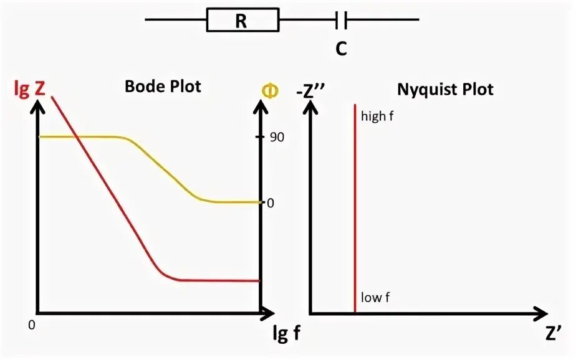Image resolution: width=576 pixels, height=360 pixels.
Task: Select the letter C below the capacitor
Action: (x=340, y=49)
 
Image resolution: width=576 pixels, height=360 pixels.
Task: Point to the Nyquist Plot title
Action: (x=445, y=89)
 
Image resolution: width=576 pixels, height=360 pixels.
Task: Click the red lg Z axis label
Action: (x=29, y=89)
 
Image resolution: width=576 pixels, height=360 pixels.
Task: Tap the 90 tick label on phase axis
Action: (x=276, y=136)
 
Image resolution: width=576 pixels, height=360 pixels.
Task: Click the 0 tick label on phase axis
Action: (x=271, y=202)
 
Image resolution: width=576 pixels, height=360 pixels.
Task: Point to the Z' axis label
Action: (x=552, y=333)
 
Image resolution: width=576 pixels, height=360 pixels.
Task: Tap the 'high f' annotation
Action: (x=378, y=116)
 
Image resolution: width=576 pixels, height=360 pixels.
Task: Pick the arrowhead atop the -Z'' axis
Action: (x=310, y=107)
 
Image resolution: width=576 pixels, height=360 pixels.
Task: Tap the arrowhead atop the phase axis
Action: (x=260, y=107)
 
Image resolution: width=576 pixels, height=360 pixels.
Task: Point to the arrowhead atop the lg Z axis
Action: (x=38, y=108)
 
